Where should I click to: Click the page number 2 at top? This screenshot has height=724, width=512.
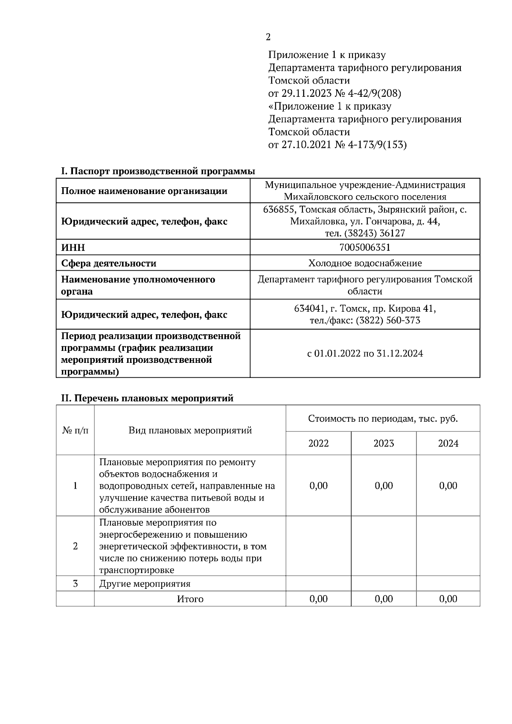[268, 37]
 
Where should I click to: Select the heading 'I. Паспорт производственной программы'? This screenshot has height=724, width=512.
[158, 171]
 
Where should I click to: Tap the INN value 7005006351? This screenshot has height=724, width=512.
[365, 247]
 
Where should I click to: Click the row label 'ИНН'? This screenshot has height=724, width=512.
[73, 248]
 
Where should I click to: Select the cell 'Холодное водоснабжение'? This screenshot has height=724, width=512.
[365, 263]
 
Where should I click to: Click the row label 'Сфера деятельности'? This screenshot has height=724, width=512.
[109, 264]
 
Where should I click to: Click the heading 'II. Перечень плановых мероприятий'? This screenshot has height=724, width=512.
[147, 398]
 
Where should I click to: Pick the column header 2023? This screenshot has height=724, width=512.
[384, 443]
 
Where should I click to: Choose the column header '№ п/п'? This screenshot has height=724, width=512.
[76, 430]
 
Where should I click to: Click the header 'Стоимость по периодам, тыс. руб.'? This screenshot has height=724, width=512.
[383, 418]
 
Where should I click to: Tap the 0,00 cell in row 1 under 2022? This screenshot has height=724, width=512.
[318, 486]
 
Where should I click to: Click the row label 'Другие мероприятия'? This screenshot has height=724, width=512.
[145, 584]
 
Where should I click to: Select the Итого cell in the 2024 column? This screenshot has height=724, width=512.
[448, 599]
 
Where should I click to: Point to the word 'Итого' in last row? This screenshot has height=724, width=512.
[190, 599]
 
